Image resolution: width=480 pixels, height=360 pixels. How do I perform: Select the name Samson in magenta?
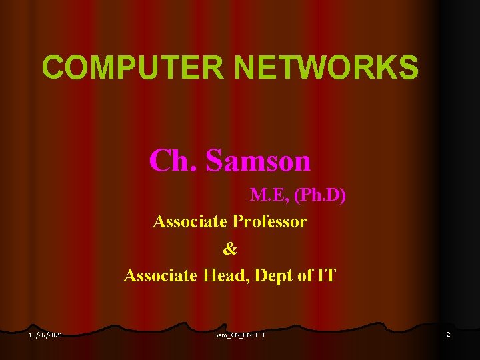point(259,160)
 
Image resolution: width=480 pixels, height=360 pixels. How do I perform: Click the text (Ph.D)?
point(320,196)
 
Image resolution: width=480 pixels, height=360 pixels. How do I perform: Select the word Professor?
point(270,221)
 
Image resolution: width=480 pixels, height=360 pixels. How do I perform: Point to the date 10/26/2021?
point(46,334)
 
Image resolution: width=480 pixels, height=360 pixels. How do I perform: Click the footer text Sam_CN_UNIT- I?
point(240,334)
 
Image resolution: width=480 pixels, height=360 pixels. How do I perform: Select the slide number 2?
point(449,334)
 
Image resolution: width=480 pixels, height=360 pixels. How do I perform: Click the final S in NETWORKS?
point(408,67)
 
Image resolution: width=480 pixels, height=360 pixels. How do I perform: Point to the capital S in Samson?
point(217,160)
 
